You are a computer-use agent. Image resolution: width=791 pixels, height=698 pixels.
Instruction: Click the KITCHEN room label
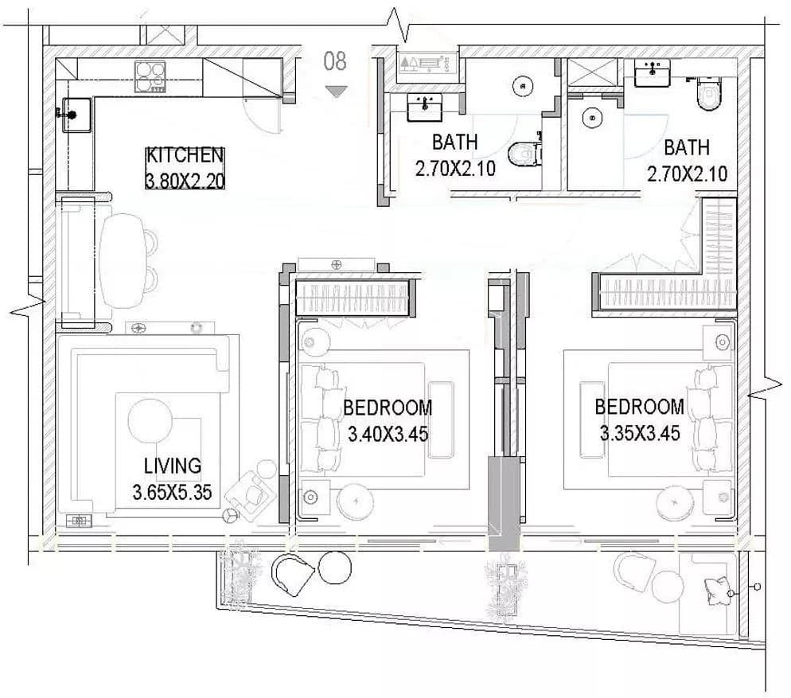(185, 155)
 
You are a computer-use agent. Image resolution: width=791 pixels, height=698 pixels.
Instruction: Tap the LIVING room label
(173, 466)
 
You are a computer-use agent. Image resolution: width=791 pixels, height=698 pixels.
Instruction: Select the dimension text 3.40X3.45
(388, 434)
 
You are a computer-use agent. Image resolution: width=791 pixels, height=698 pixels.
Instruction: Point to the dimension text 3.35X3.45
(640, 432)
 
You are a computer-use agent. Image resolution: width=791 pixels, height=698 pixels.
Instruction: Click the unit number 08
(335, 61)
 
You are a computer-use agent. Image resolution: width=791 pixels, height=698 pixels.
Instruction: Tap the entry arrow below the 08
(336, 92)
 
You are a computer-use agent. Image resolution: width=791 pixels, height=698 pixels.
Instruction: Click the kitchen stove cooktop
(150, 76)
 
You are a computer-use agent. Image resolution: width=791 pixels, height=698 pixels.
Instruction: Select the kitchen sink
(76, 115)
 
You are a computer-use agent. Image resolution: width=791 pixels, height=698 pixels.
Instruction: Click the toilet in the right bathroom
(710, 93)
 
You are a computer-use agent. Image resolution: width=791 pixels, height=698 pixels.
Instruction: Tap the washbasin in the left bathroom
(425, 107)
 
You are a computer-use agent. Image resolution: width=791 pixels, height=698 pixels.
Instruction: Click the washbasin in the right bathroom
(653, 72)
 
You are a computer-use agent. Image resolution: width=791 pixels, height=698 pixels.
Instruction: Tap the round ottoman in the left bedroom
(357, 501)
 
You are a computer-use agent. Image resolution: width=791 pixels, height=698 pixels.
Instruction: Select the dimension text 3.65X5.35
(172, 492)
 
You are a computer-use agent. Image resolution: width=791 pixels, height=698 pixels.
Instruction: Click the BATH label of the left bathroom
(455, 142)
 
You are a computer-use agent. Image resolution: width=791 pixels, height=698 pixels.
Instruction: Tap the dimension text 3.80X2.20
(185, 180)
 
